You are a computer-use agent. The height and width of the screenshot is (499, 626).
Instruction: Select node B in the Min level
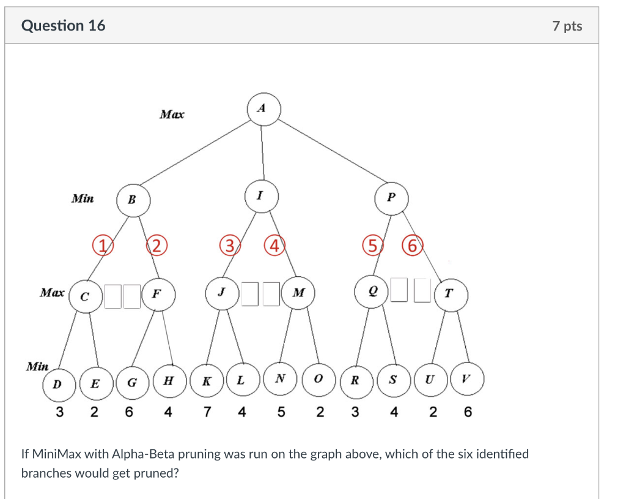[x=131, y=200]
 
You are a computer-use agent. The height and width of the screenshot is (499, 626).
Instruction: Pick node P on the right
[x=391, y=198]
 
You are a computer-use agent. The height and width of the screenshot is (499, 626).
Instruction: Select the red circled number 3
[x=229, y=246]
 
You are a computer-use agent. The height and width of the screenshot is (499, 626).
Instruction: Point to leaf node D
[x=57, y=384]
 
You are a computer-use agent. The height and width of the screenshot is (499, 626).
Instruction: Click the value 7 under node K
[x=208, y=412]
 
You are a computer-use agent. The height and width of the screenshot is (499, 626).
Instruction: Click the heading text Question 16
[x=63, y=26]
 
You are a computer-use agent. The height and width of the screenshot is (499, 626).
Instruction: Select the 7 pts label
[x=567, y=26]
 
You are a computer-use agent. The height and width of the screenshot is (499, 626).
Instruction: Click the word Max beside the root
[x=171, y=114]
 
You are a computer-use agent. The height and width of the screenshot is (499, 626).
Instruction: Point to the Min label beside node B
[x=83, y=198]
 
